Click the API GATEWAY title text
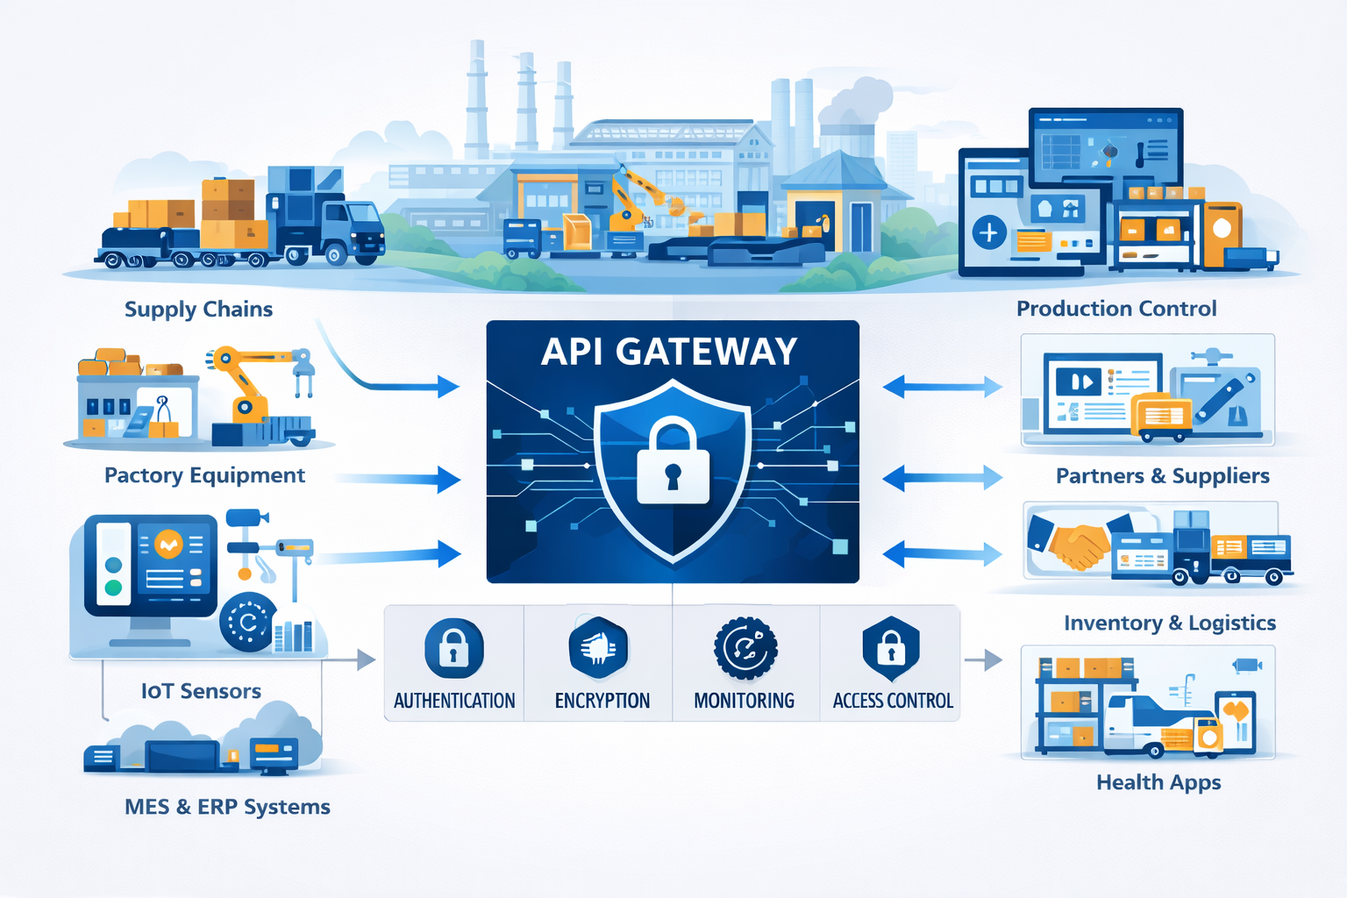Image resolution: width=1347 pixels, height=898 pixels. [x=669, y=353]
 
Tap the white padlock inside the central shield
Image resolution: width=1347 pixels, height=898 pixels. [x=673, y=463]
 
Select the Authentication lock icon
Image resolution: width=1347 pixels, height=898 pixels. [x=453, y=649]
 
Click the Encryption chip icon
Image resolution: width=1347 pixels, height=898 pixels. [x=599, y=649]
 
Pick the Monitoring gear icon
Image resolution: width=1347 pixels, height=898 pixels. [x=745, y=649]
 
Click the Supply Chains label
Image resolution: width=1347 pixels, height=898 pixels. [x=198, y=310]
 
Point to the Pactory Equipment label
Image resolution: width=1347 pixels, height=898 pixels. [x=204, y=475]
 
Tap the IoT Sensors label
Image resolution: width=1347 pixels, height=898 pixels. [x=201, y=691]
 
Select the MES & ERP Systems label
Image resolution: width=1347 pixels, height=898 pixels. [x=227, y=807]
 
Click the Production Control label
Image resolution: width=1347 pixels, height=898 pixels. [x=1116, y=309]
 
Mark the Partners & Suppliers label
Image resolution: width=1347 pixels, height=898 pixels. [x=1162, y=476]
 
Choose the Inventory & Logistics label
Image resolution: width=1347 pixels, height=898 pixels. [x=1169, y=623]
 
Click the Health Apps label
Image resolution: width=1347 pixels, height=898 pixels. [x=1158, y=782]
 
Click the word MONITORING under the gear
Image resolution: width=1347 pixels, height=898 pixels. [x=744, y=701]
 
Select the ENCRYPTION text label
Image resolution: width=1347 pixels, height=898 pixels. [x=602, y=701]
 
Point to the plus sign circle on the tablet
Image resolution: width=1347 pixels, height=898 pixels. [x=989, y=233]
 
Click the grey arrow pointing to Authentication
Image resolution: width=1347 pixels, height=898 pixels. [x=365, y=659]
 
